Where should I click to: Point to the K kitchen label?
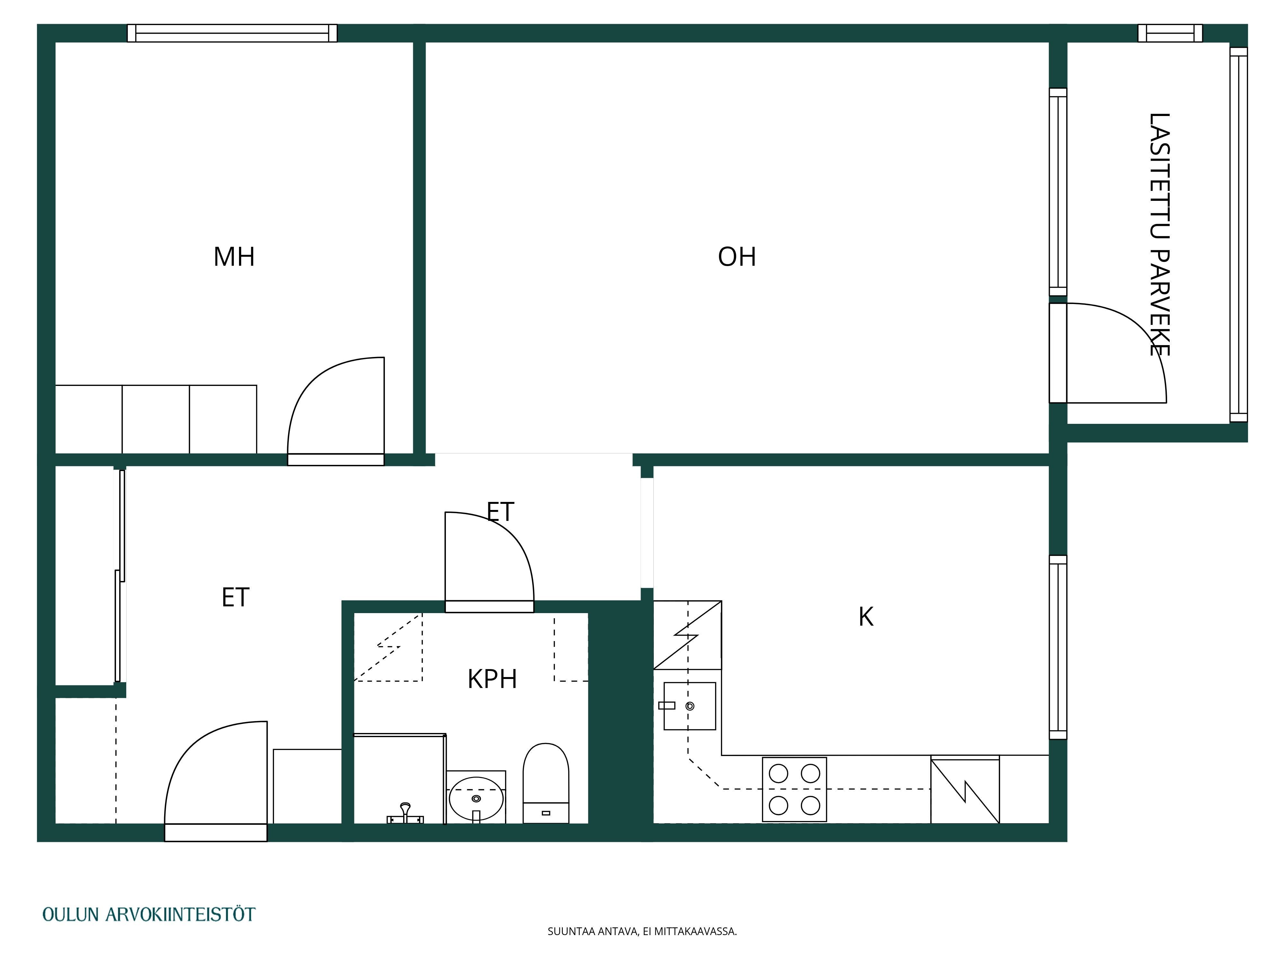[x=865, y=617]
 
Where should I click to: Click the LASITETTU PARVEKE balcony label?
[x=1159, y=234]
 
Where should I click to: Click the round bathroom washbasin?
[x=476, y=799]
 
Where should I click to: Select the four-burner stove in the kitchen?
[x=794, y=789]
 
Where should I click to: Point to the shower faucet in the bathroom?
[x=405, y=814]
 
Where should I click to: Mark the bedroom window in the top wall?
[x=232, y=33]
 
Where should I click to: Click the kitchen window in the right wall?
[x=1058, y=647]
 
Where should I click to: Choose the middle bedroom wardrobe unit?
[x=156, y=419]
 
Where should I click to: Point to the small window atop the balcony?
[x=1170, y=33]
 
